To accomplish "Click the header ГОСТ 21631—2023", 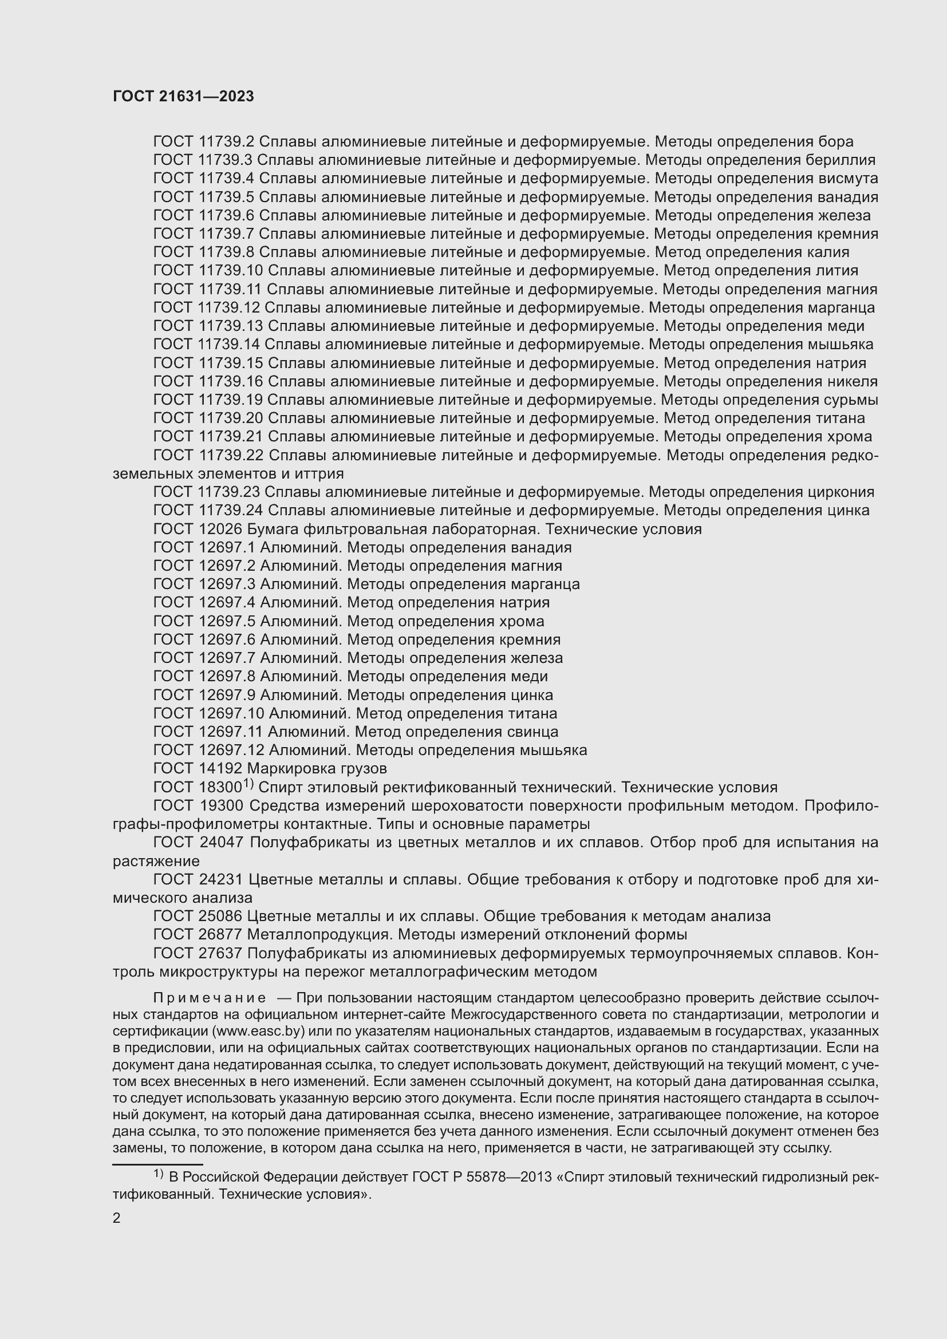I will [183, 97].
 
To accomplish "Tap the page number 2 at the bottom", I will [117, 1218].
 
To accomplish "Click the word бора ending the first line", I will [835, 142].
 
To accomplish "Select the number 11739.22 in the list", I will [231, 455].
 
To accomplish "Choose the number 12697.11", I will [231, 731].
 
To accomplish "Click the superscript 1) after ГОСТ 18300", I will [248, 783].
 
